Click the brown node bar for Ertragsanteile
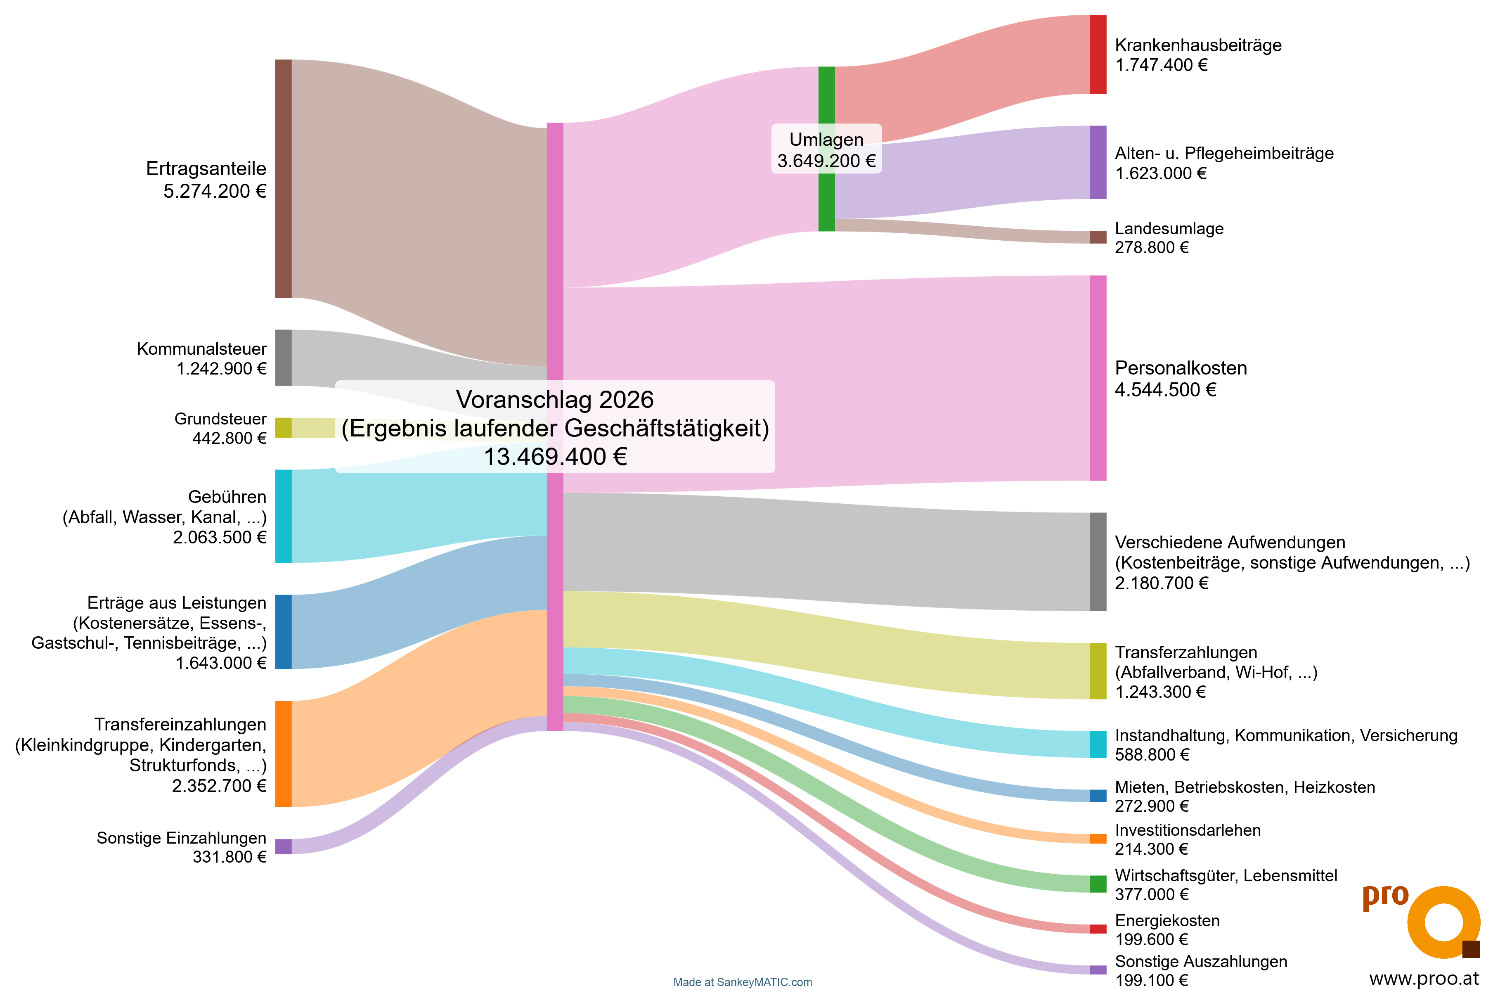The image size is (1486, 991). [283, 178]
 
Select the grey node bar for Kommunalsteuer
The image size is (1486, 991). [283, 357]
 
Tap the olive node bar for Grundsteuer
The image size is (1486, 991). [283, 428]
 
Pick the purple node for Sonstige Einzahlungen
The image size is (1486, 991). [283, 846]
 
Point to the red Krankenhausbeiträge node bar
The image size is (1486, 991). [1098, 55]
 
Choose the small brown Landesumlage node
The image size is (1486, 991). [1098, 237]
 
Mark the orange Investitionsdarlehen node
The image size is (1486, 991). [1098, 839]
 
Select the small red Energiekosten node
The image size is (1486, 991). [1098, 928]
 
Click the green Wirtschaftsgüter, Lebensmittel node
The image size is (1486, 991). [1098, 884]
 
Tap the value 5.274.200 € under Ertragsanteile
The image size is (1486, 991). [215, 191]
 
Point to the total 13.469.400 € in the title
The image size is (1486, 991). [555, 456]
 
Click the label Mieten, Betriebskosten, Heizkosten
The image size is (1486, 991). [1245, 787]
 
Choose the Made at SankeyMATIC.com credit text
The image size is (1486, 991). [742, 982]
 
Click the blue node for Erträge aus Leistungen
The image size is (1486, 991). [283, 631]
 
